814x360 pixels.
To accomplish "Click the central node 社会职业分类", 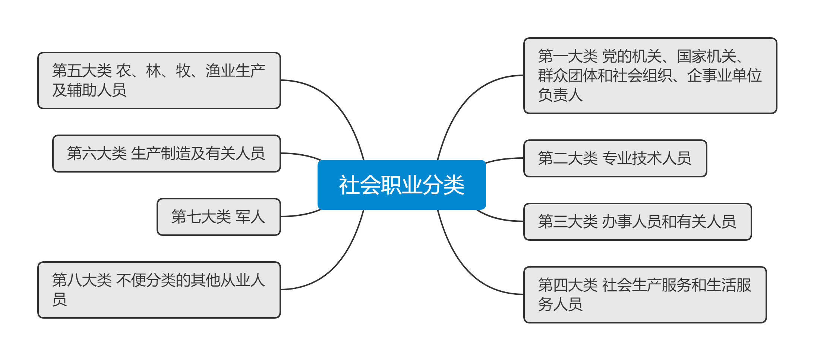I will (401, 185).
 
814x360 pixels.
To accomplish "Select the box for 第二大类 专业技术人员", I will (615, 158).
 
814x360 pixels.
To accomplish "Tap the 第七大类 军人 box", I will (218, 217).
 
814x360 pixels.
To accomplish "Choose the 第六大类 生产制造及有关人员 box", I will (166, 154).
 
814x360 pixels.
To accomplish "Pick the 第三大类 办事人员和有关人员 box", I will (637, 222).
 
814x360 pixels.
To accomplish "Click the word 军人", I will (250, 217).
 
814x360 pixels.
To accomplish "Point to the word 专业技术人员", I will (647, 158).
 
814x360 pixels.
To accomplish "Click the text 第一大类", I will (568, 57).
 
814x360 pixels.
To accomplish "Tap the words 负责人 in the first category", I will (560, 95).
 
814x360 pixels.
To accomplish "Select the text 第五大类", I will (82, 71).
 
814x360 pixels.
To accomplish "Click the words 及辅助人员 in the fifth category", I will (89, 90).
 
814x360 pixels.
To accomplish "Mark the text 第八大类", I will (82, 280).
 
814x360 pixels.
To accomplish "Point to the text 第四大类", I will (568, 285).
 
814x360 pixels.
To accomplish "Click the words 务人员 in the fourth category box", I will (560, 304).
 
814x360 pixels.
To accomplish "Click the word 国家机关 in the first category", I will (706, 57).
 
